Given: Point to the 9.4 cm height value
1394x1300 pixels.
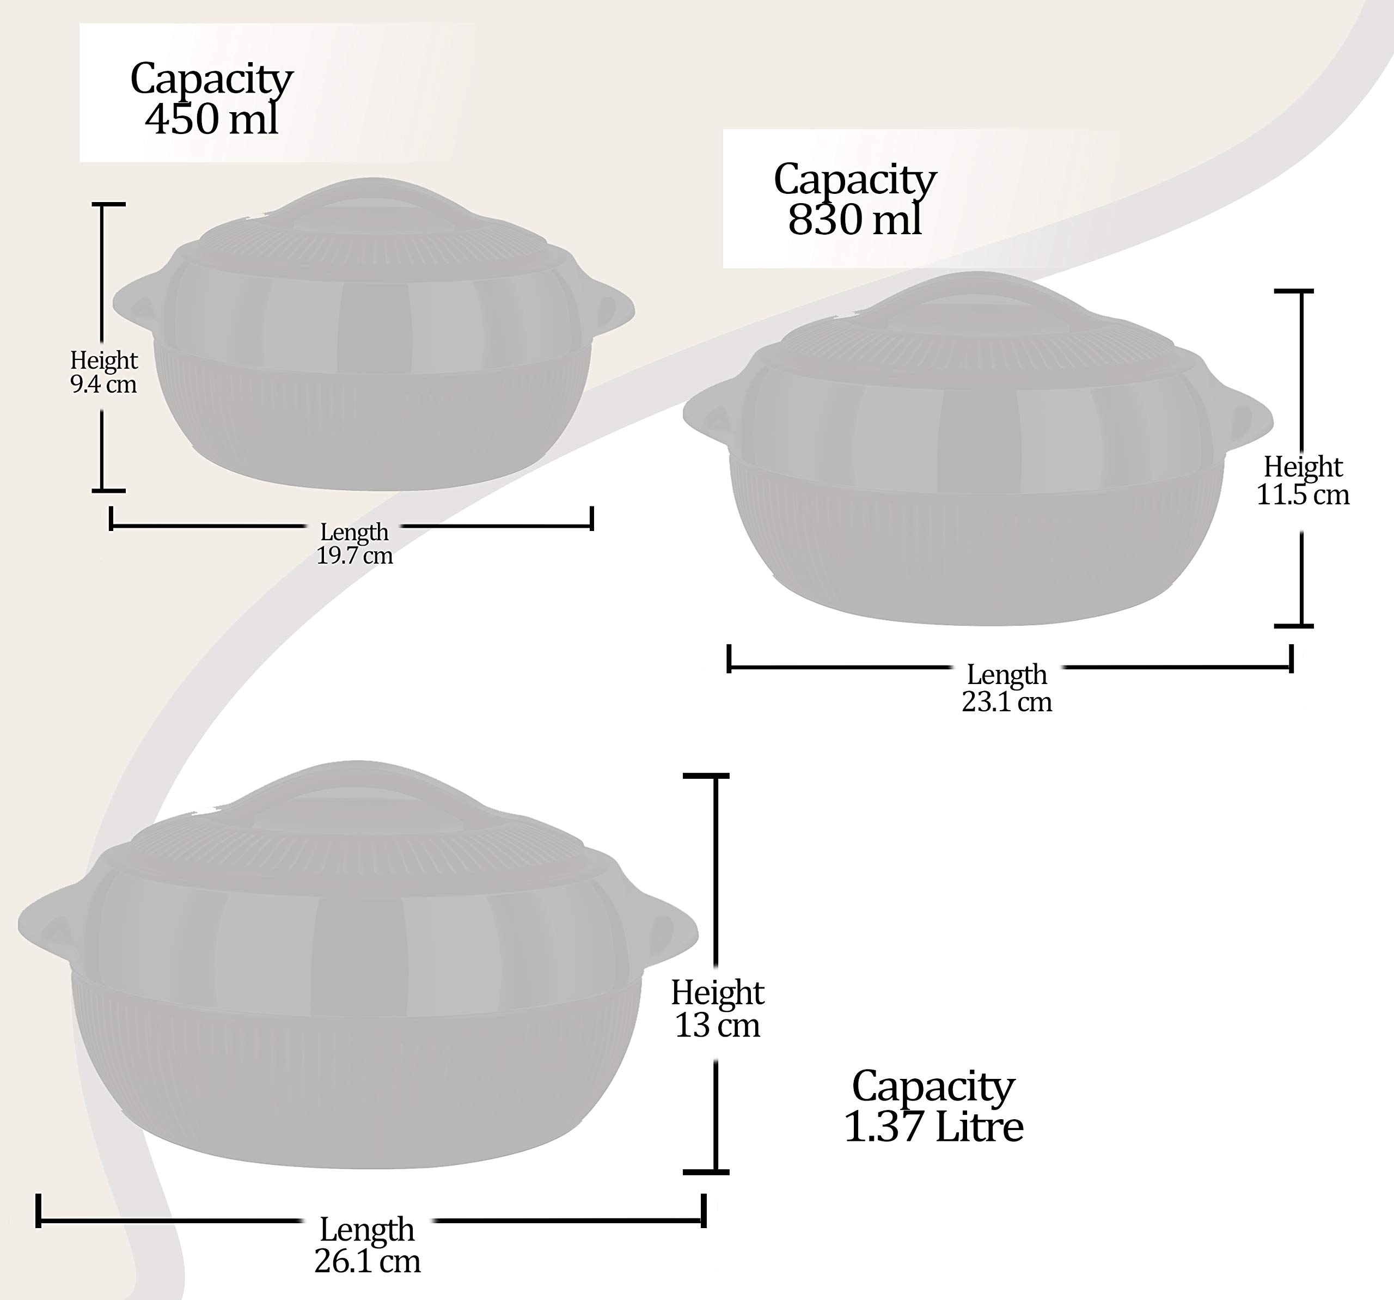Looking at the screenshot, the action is (x=104, y=384).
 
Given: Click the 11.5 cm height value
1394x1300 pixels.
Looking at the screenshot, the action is (x=1302, y=495).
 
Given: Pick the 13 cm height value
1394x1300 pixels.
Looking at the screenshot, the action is (x=717, y=1025).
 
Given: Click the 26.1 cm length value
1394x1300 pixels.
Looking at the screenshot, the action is (x=368, y=1261).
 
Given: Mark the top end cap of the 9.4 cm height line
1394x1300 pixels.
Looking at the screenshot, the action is (x=109, y=204).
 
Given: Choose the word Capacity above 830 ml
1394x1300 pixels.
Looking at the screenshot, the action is (x=855, y=180).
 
